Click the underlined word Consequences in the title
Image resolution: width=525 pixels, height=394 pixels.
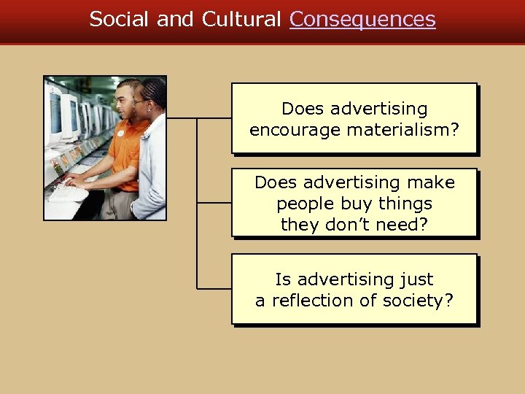[x=362, y=20]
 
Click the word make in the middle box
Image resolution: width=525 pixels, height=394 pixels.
[x=435, y=182]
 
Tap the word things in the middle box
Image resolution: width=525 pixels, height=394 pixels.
[x=405, y=204]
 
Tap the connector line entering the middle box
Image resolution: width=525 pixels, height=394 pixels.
[x=214, y=203]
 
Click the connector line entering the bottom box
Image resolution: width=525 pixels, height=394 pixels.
[x=214, y=289]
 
